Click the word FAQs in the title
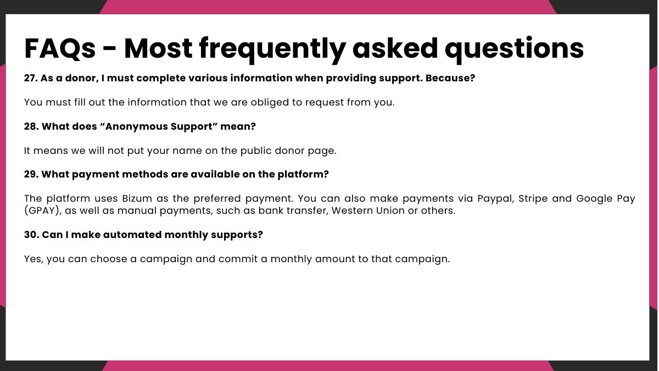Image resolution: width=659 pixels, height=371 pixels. pos(60,48)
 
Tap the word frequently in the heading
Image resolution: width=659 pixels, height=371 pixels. pos(272,50)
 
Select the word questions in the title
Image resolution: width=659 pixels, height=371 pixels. pos(514,50)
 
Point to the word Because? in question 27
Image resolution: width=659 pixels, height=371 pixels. pos(450,78)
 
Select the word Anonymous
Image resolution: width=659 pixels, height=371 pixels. pos(134,126)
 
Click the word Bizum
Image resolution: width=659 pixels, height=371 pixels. pos(137,198)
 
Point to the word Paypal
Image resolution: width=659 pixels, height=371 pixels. pos(496,199)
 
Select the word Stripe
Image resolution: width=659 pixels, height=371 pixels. pos(533,199)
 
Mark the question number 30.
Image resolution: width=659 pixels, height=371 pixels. pos(31,235)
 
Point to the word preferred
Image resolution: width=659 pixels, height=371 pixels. pos(217,199)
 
